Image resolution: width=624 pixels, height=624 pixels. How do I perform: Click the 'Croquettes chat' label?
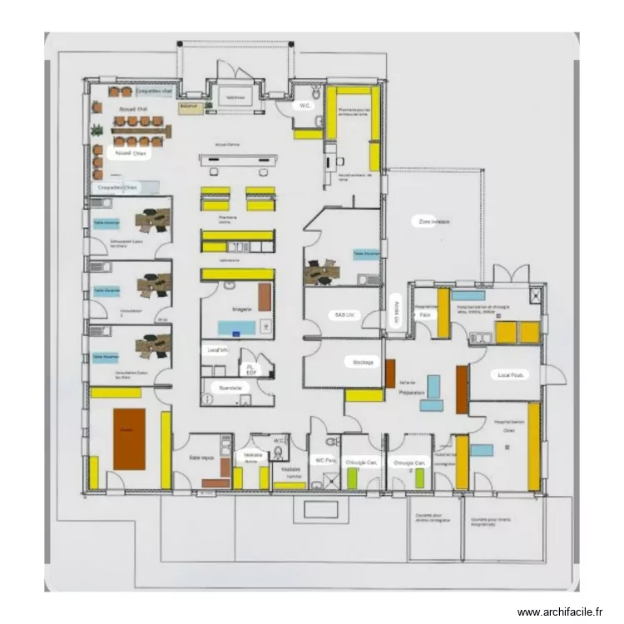pyautogui.click(x=154, y=90)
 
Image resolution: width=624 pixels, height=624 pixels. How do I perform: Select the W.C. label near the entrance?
pyautogui.click(x=305, y=106)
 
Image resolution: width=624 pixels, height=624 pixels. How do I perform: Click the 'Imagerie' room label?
pyautogui.click(x=241, y=309)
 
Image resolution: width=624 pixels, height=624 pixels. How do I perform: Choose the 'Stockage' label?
pyautogui.click(x=364, y=363)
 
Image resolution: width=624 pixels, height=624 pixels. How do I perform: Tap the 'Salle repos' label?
pyautogui.click(x=202, y=458)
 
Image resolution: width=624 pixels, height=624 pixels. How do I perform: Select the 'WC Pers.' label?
pyautogui.click(x=324, y=460)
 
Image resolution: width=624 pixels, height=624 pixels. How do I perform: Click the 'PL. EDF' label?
pyautogui.click(x=250, y=369)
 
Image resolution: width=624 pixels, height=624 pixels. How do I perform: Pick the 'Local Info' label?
pyautogui.click(x=217, y=351)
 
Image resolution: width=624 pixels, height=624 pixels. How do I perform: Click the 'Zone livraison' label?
pyautogui.click(x=434, y=222)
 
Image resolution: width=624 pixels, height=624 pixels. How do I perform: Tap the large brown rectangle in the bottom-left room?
pyautogui.click(x=129, y=438)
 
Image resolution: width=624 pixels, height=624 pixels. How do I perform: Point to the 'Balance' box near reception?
pyautogui.click(x=187, y=106)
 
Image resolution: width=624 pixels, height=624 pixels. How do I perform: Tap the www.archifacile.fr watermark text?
pyautogui.click(x=559, y=612)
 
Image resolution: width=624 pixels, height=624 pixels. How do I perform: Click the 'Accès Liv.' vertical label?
pyautogui.click(x=396, y=313)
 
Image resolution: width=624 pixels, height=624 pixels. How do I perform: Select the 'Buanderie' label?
pyautogui.click(x=230, y=388)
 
